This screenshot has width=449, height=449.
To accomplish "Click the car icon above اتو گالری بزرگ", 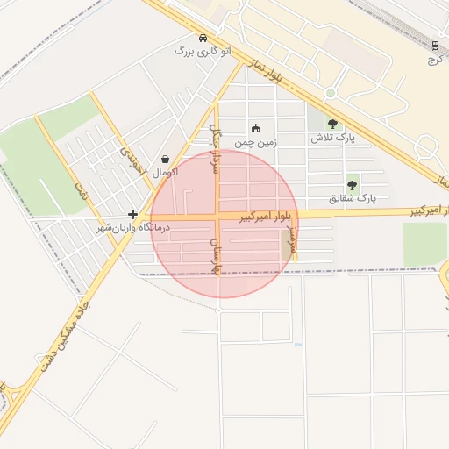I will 203,39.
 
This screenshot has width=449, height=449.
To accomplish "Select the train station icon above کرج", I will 436,45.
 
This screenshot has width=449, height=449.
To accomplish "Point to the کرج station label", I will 432,61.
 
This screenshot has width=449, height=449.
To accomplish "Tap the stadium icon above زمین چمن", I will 255,127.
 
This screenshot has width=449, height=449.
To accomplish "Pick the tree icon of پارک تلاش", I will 331,124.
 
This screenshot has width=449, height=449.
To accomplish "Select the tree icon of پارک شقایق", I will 352,184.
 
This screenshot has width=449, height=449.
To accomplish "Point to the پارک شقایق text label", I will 352,198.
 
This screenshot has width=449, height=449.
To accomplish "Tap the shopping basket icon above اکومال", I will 166,160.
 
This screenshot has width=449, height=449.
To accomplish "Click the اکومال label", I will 166,173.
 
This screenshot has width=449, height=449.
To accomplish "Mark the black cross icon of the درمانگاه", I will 132,214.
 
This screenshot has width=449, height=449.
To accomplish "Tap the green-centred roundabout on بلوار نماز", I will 331,94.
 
